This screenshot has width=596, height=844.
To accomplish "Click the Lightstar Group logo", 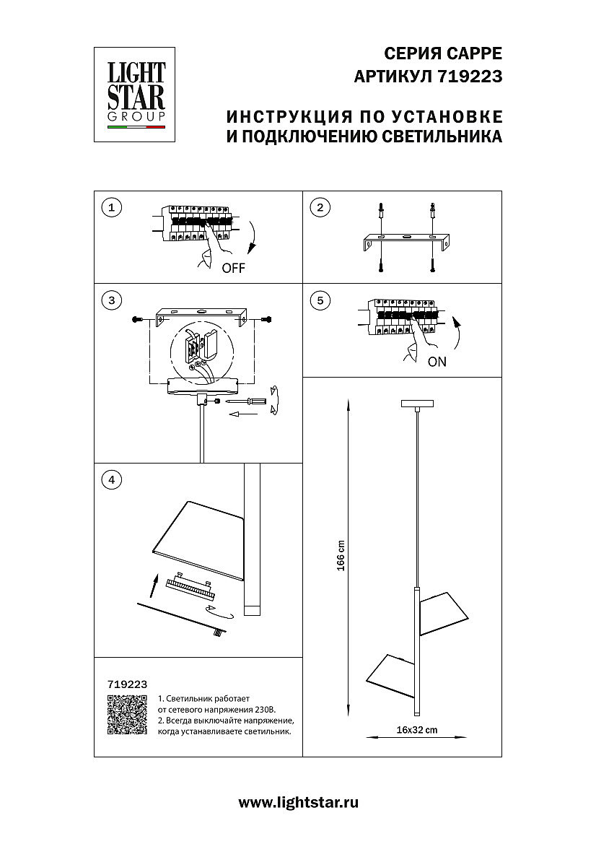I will [x=136, y=94].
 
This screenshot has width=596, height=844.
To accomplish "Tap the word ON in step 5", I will [x=437, y=362].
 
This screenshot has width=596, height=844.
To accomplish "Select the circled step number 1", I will [x=110, y=208].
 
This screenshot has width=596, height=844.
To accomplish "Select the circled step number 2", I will [x=319, y=208].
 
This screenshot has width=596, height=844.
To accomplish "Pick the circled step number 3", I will [x=110, y=300].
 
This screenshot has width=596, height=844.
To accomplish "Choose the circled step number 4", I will [x=110, y=479].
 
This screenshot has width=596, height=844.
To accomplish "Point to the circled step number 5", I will [x=319, y=300].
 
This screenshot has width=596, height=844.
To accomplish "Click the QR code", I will [x=127, y=715].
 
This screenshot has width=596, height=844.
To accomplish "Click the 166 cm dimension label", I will [x=341, y=555].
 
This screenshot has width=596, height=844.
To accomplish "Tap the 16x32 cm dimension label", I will [x=417, y=730].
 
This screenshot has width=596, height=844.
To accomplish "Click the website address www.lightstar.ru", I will [x=298, y=802].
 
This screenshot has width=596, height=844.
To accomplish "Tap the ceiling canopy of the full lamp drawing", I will [x=416, y=403].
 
